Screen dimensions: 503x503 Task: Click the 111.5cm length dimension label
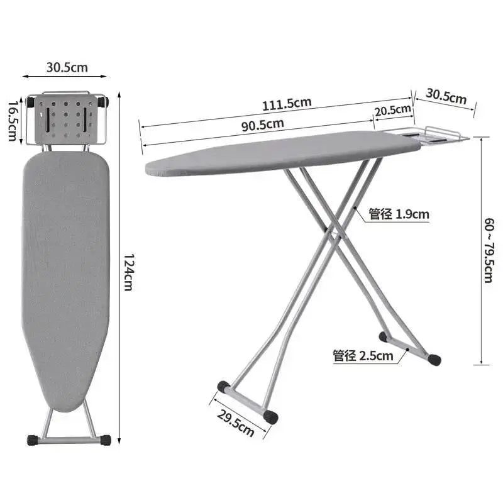tap(287, 104)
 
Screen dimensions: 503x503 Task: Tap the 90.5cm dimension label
tap(262, 124)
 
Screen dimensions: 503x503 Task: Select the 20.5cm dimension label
tap(393, 111)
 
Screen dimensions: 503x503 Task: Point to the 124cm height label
tap(129, 272)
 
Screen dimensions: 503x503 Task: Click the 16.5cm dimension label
tap(13, 121)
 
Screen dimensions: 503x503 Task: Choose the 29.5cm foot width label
tap(236, 423)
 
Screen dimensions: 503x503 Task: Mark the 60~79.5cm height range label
tap(489, 250)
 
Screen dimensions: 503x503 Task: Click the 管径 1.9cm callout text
tap(399, 214)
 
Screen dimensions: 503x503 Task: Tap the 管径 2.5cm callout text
tap(363, 356)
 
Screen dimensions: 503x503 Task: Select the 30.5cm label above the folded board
tap(67, 67)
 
